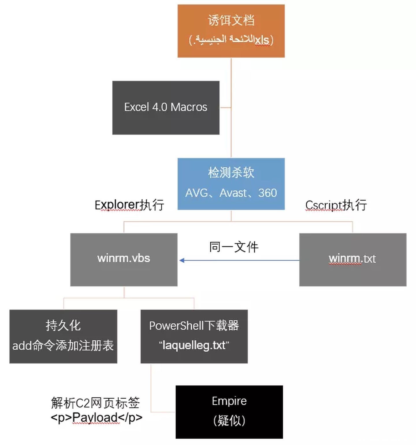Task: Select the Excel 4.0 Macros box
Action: [x=166, y=107]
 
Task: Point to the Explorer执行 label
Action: [x=129, y=205]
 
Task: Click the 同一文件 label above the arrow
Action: [x=234, y=247]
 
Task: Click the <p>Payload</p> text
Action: [x=96, y=417]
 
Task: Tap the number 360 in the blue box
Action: [x=268, y=193]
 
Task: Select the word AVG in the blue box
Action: [x=196, y=193]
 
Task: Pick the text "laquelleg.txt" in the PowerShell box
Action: [x=194, y=345]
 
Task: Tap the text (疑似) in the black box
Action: [x=229, y=420]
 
